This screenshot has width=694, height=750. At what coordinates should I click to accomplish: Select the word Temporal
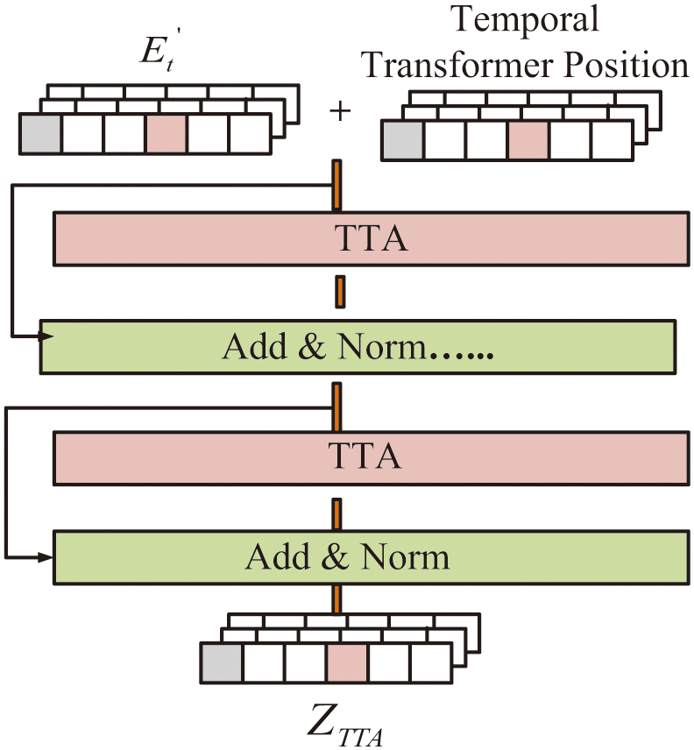point(525,19)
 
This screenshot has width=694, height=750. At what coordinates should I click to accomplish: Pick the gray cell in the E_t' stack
point(40,134)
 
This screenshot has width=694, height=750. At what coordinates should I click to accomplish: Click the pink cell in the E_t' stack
point(166,134)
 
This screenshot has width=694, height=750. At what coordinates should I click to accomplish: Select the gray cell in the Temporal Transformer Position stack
point(403,140)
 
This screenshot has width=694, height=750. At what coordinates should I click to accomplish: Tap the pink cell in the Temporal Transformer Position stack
point(528,140)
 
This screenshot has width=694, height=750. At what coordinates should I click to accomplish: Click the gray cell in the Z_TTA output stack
point(222,663)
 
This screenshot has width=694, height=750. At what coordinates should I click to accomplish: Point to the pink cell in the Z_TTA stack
point(347,663)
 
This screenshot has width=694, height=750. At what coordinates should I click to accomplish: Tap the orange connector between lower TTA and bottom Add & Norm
point(336,513)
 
